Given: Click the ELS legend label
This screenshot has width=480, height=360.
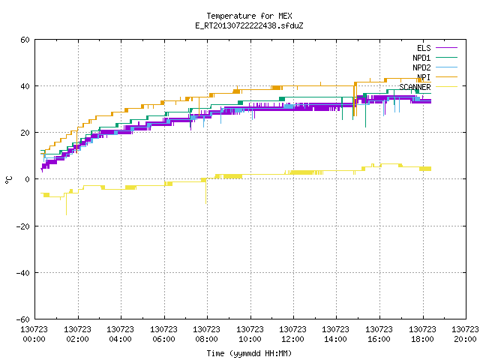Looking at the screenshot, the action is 424,48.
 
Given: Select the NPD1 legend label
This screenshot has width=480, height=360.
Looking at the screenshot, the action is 421,58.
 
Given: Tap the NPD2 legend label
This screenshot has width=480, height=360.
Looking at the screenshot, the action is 421,67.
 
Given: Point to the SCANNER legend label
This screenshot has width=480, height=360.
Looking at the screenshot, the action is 415,87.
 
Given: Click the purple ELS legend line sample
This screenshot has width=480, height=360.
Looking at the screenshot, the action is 446,48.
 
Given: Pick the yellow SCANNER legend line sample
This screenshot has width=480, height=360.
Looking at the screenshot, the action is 446,87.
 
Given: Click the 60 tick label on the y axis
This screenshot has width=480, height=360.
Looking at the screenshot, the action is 25,40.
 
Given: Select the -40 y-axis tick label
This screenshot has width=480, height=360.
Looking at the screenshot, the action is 23,273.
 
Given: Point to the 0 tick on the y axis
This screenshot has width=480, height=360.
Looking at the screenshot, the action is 27,179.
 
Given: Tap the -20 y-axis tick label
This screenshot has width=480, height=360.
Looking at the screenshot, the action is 23,226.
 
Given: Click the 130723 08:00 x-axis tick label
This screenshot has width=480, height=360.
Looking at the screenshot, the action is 207,334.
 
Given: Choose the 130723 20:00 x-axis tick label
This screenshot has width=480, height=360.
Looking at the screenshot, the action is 465,334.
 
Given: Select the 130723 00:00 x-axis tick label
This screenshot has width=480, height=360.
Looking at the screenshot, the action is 34,334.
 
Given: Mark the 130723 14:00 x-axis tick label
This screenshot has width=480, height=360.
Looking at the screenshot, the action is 335,334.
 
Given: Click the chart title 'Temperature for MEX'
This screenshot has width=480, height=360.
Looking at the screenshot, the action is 249,16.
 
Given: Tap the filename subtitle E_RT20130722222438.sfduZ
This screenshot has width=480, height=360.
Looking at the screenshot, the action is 249,25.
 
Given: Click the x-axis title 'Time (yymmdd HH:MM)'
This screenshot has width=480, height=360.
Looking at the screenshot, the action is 249,353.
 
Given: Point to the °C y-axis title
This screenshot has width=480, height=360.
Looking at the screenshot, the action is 8,180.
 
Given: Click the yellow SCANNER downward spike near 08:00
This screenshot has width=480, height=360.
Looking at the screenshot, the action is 205,191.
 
